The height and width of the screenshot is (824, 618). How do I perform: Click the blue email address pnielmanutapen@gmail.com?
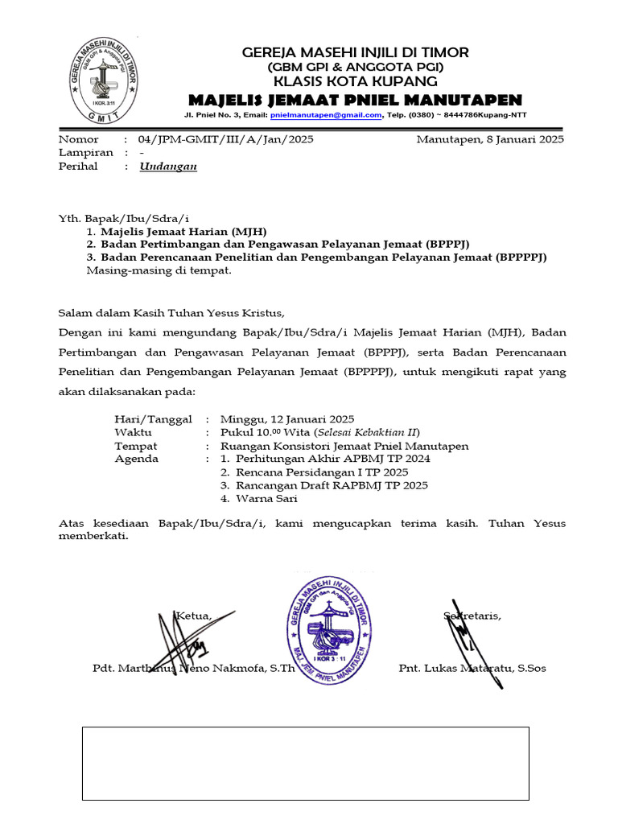pyautogui.click(x=325, y=115)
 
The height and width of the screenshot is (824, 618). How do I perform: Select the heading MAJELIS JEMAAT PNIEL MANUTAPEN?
pyautogui.click(x=355, y=100)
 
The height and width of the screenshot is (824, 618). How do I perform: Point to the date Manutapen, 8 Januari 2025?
pyautogui.click(x=490, y=139)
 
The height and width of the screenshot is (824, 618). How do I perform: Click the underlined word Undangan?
pyautogui.click(x=168, y=167)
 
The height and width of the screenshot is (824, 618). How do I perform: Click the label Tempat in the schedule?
pyautogui.click(x=136, y=446)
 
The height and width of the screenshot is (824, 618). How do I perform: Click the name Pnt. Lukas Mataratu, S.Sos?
pyautogui.click(x=472, y=669)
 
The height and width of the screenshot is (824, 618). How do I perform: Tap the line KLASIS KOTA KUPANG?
pyautogui.click(x=355, y=81)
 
